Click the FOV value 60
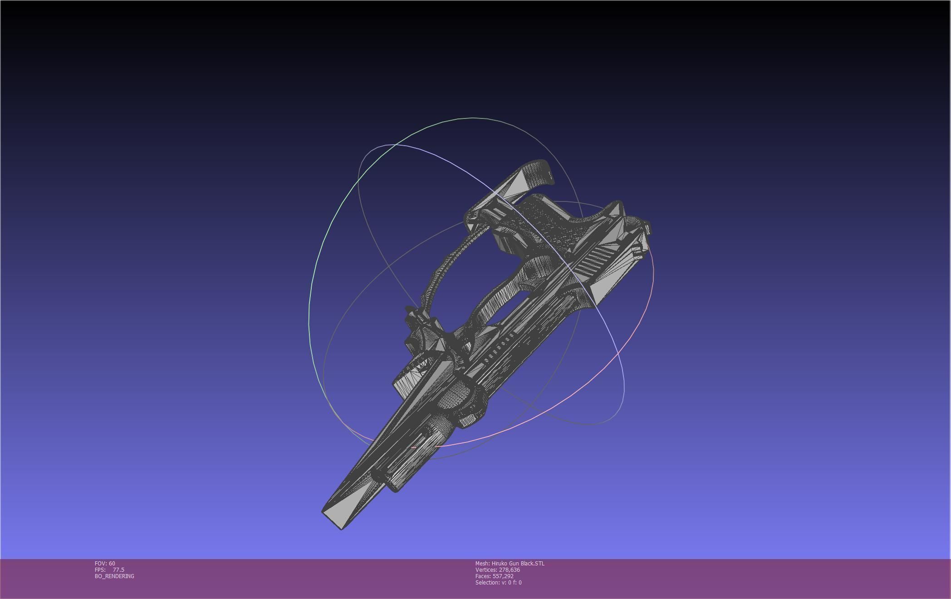pyautogui.click(x=112, y=563)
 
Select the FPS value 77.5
pyautogui.click(x=118, y=570)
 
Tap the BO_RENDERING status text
pyautogui.click(x=114, y=576)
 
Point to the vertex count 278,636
pyautogui.click(x=509, y=570)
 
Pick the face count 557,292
pyautogui.click(x=503, y=576)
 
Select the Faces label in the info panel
pyautogui.click(x=483, y=576)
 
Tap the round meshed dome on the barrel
pyautogui.click(x=458, y=395)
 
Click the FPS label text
pyautogui.click(x=100, y=570)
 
